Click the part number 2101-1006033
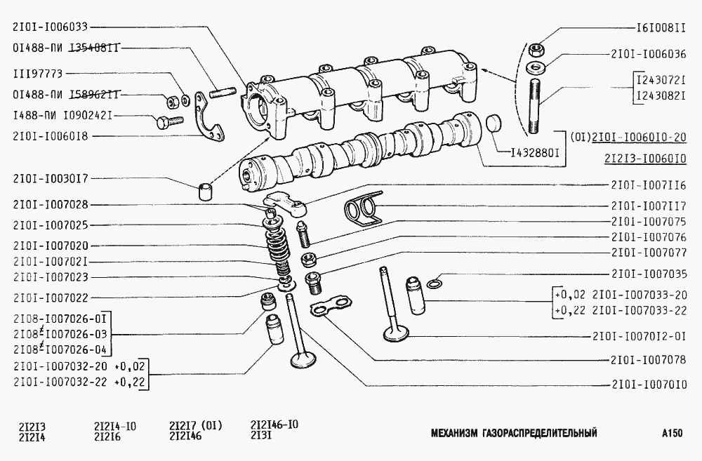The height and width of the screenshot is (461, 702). click(50, 27)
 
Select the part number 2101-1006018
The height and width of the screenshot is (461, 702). click(50, 136)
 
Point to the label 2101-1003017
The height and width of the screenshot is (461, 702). click(50, 180)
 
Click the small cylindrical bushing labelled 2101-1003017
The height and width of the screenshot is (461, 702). click(204, 192)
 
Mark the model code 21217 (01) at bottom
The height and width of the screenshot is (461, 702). click(196, 425)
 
